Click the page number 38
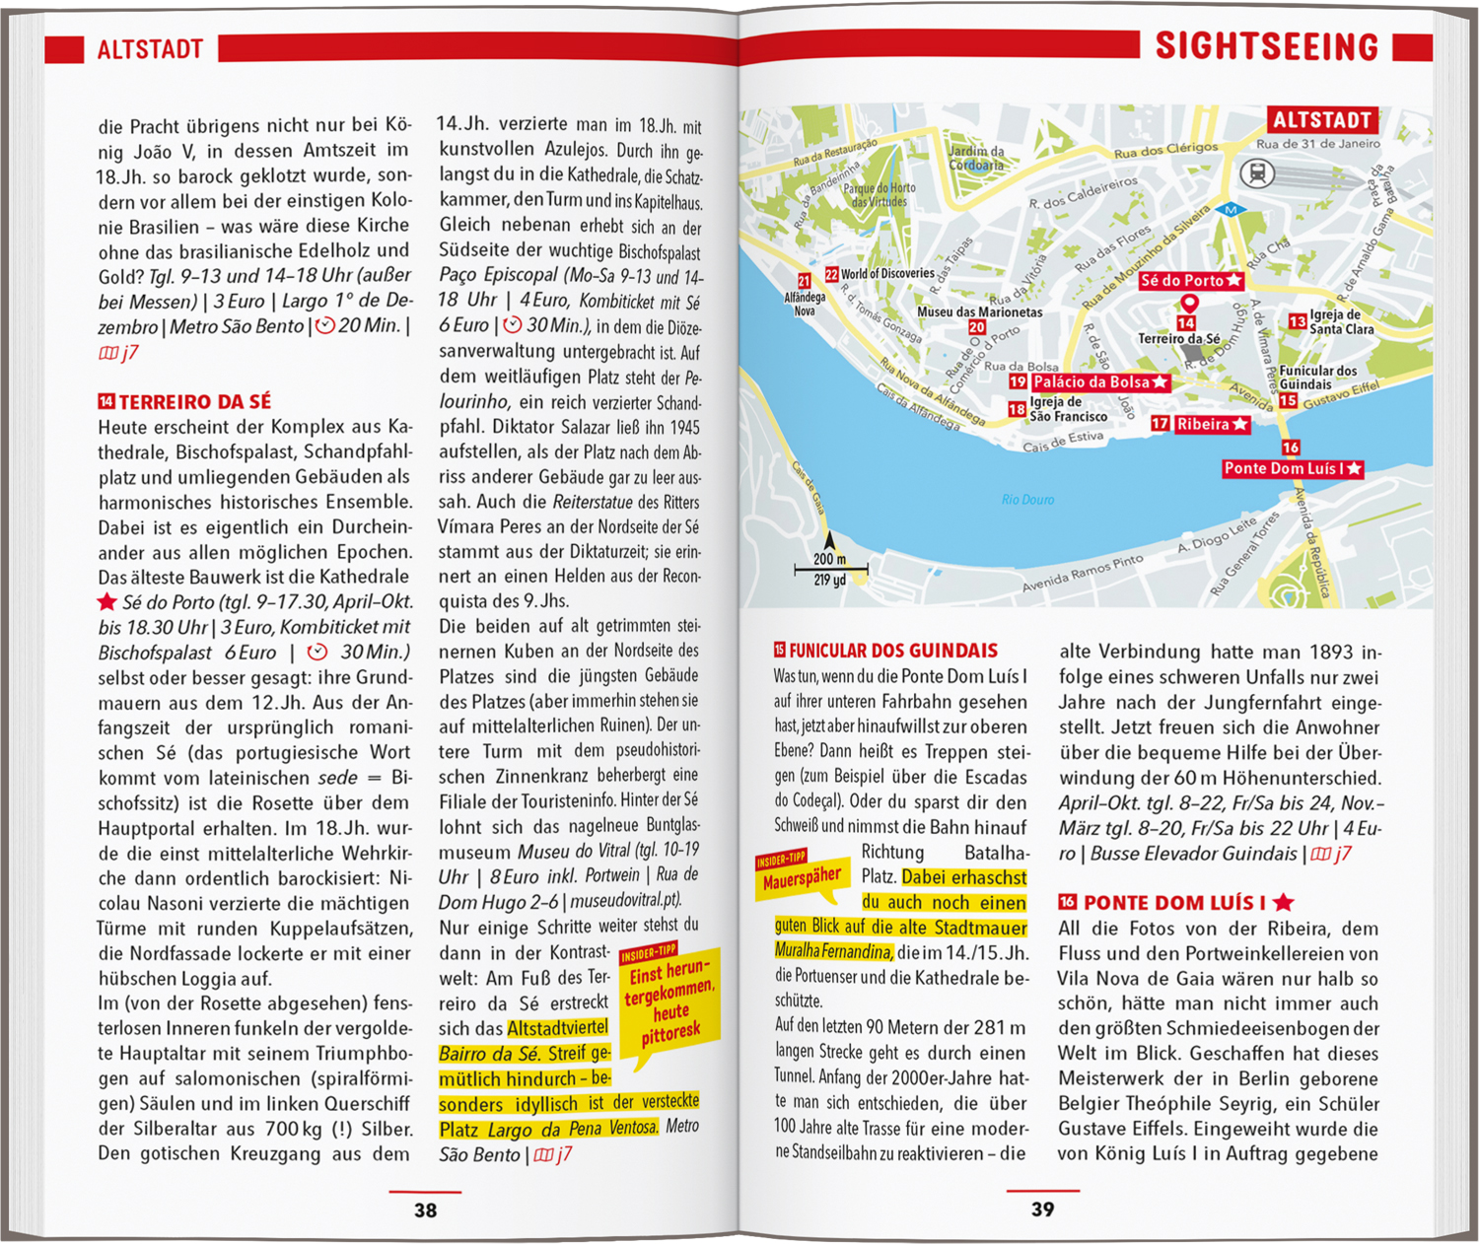pyautogui.click(x=425, y=1209)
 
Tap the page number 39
pyautogui.click(x=1042, y=1209)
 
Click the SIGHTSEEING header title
pyautogui.click(x=1267, y=46)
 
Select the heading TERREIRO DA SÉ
pyautogui.click(x=194, y=402)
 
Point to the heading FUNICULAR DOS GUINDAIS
pyautogui.click(x=893, y=651)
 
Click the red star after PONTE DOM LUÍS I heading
pyautogui.click(x=1283, y=902)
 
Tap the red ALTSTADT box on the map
pyautogui.click(x=1322, y=120)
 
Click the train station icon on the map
pyautogui.click(x=1258, y=174)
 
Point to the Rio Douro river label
pyautogui.click(x=1027, y=500)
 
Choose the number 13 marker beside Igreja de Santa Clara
pyautogui.click(x=1298, y=321)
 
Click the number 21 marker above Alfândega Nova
pyautogui.click(x=805, y=281)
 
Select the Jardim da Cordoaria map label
pyautogui.click(x=976, y=158)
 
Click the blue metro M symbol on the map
pyautogui.click(x=1230, y=210)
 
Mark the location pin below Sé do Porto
pyautogui.click(x=1189, y=305)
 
